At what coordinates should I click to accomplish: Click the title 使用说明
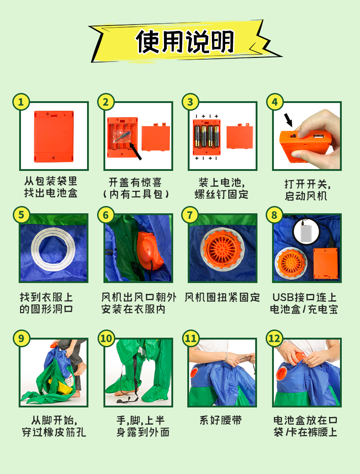pyautogui.click(x=185, y=42)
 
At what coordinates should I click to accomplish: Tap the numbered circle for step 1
pyautogui.click(x=21, y=102)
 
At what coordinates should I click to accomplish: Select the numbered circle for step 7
pyautogui.click(x=190, y=215)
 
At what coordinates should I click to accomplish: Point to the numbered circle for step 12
pyautogui.click(x=274, y=339)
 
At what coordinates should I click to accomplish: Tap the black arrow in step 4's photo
pyautogui.click(x=288, y=120)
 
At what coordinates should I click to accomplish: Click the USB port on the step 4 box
pyautogui.click(x=318, y=136)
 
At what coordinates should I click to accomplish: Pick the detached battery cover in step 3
pyautogui.click(x=240, y=137)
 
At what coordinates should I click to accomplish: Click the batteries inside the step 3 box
pyautogui.click(x=207, y=136)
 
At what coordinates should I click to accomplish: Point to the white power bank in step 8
pyautogui.click(x=306, y=231)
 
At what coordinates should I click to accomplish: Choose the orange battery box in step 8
pyautogui.click(x=325, y=263)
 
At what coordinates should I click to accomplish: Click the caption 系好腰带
pyautogui.click(x=221, y=421)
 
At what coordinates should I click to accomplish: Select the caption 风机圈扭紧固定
pyautogui.click(x=222, y=298)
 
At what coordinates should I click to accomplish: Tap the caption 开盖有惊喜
pyautogui.click(x=135, y=182)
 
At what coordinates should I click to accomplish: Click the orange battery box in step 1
pyautogui.click(x=54, y=137)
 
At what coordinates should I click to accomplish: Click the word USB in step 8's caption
pyautogui.click(x=283, y=298)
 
